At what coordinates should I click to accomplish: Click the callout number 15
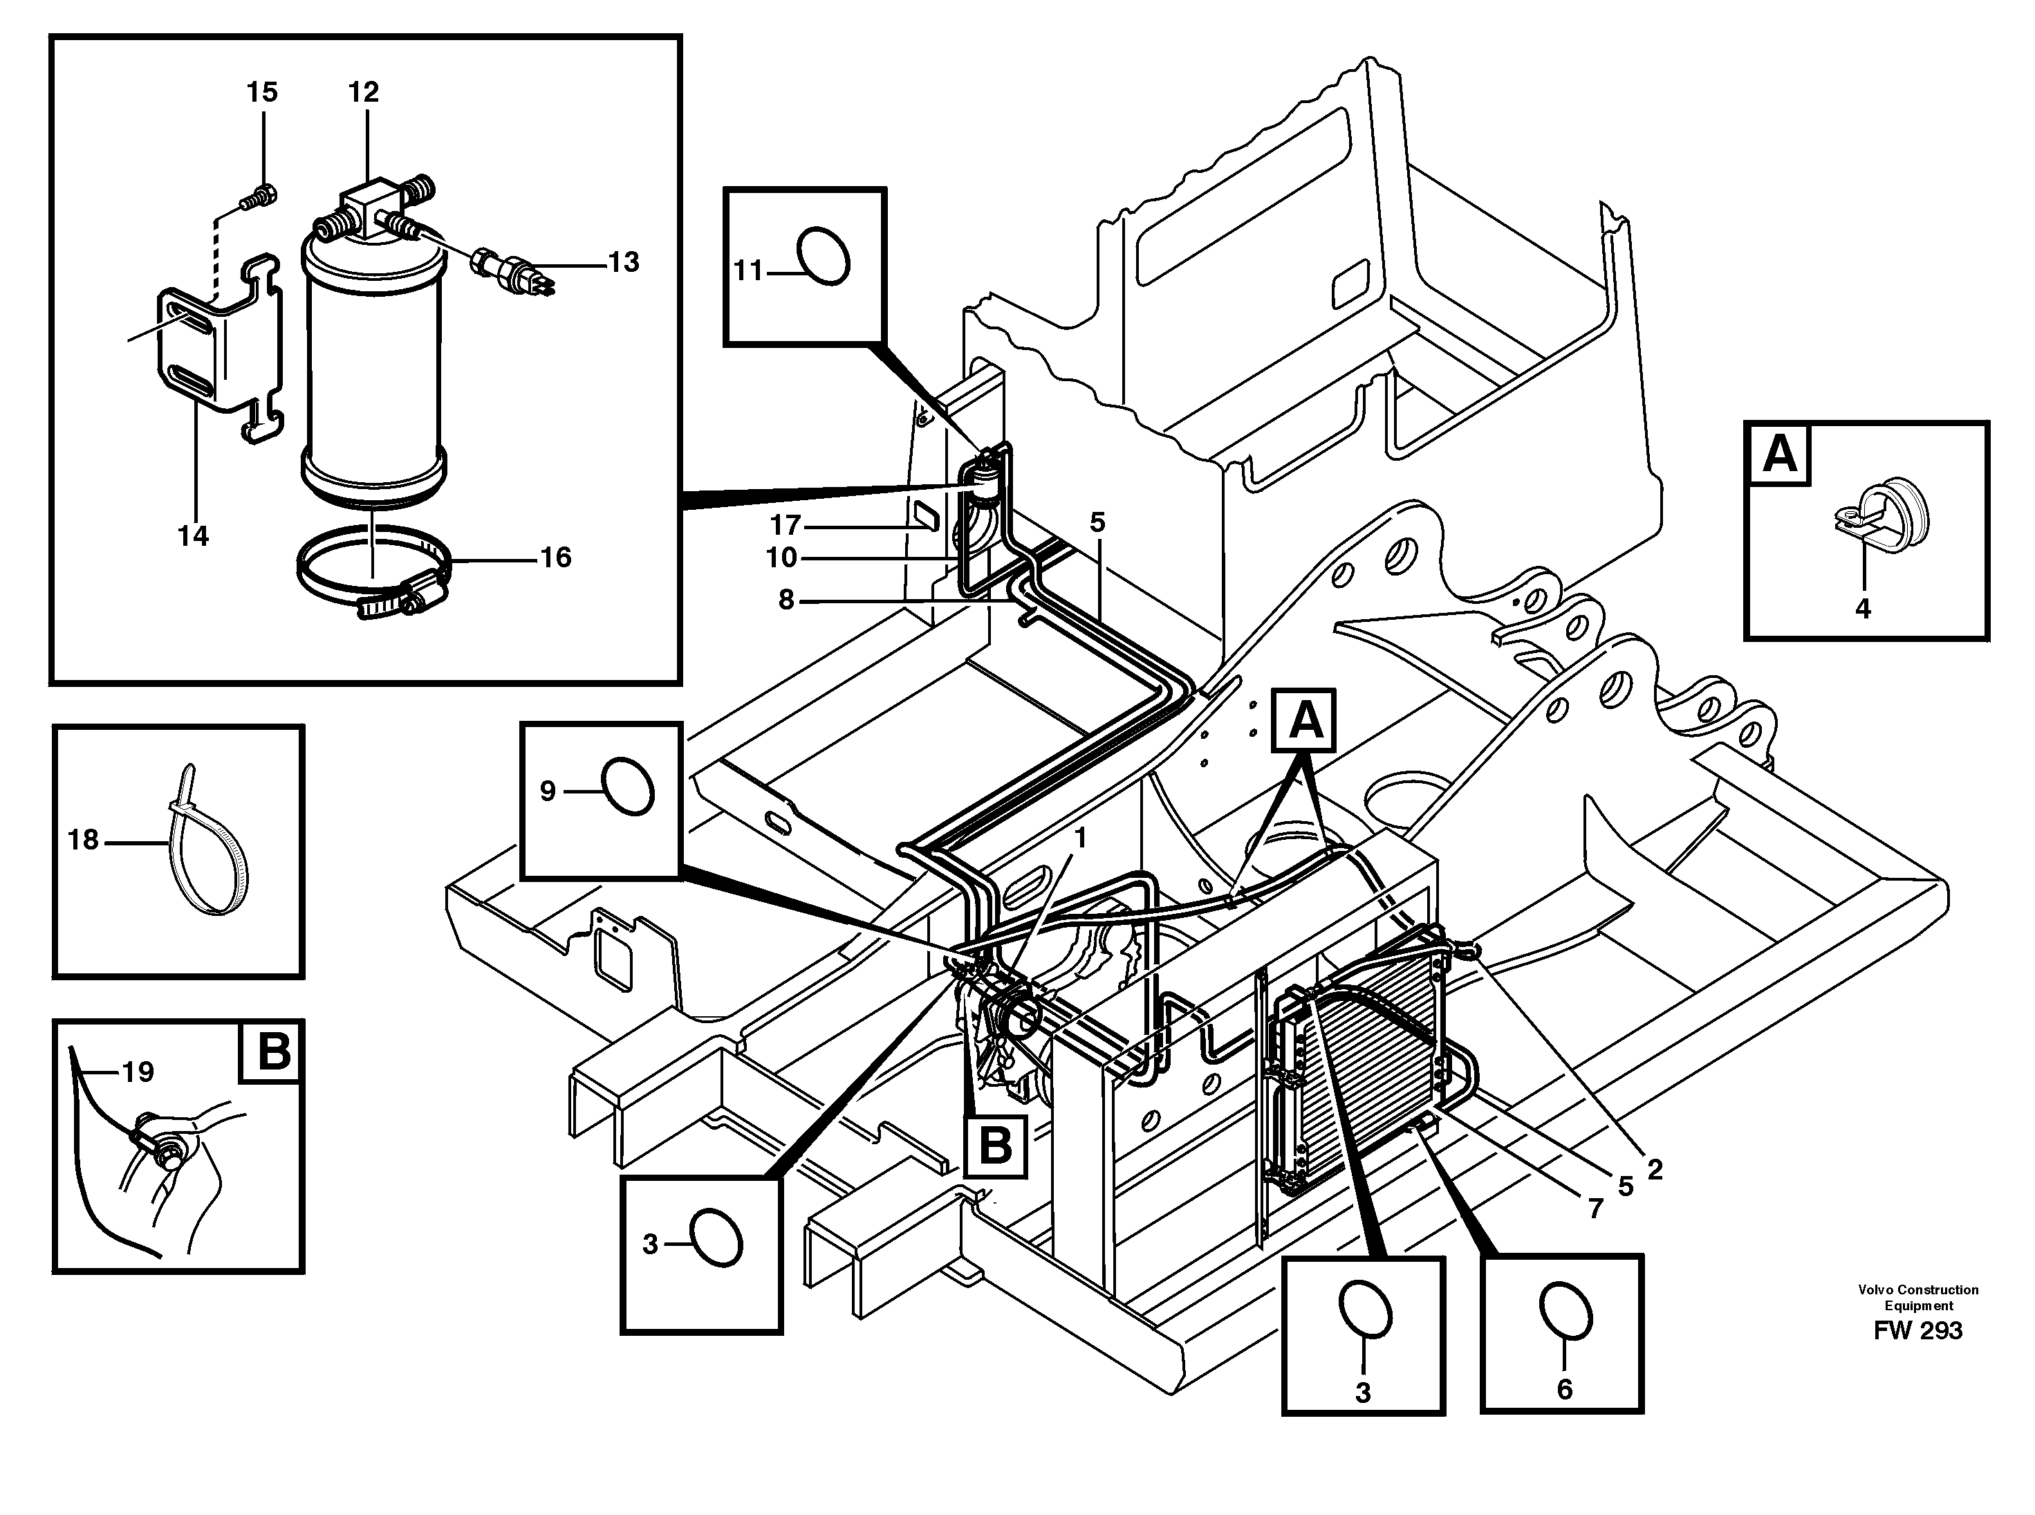pos(262,92)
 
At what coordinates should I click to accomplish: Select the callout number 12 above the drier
pos(363,92)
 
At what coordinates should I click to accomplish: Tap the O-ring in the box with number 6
pos(1564,1309)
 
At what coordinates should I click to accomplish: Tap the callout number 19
pos(138,1071)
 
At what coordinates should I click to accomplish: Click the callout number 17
pos(786,526)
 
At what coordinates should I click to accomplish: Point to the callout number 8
pos(786,600)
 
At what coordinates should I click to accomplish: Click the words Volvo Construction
pos(1917,1289)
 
